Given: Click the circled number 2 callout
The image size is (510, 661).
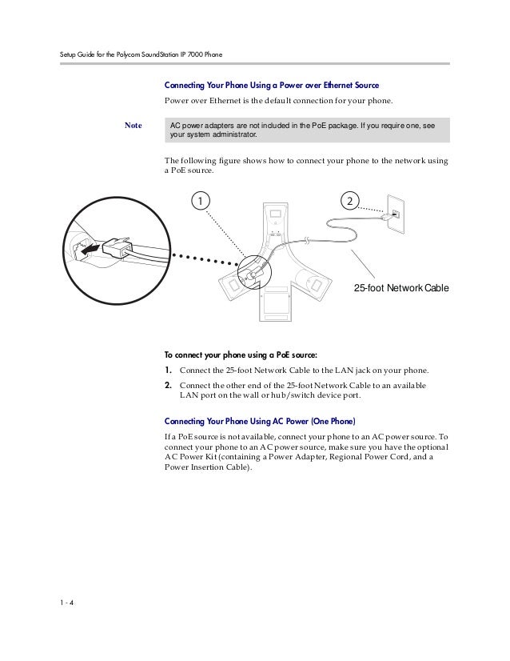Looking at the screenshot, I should tap(350, 198).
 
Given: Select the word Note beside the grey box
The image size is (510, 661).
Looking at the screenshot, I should tap(133, 126).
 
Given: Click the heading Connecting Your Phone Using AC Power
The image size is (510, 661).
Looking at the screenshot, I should tap(260, 421).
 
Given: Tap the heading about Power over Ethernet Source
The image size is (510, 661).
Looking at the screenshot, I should tap(271, 85).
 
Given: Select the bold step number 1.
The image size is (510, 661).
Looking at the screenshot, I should tap(168, 371).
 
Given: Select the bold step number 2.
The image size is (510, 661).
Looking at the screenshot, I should tap(168, 386).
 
